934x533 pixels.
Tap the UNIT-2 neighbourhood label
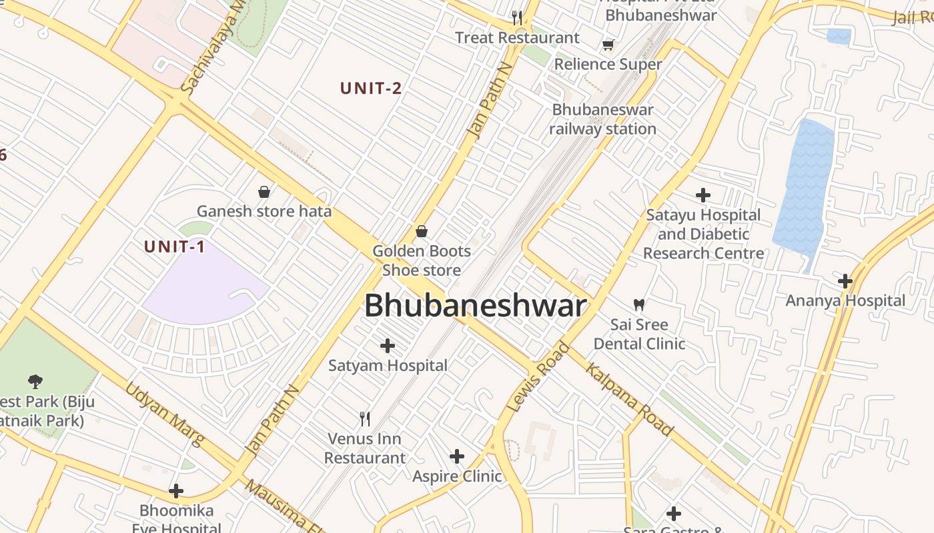click(x=371, y=89)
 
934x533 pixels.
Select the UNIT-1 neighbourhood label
click(x=175, y=247)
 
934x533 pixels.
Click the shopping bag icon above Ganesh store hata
click(x=264, y=192)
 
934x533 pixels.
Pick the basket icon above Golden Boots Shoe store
click(x=422, y=231)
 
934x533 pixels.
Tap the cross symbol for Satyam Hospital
click(x=388, y=346)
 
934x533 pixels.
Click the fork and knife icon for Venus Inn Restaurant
click(x=365, y=418)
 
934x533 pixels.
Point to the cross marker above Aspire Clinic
click(x=457, y=456)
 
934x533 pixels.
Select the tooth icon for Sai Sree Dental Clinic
click(x=639, y=305)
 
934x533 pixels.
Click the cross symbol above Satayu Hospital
click(x=703, y=195)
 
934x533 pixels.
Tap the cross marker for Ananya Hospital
click(x=845, y=280)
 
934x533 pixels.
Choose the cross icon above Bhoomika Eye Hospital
click(x=176, y=491)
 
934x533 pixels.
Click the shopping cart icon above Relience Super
click(x=608, y=45)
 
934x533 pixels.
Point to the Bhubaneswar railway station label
click(x=603, y=119)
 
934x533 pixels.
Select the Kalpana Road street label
click(x=629, y=399)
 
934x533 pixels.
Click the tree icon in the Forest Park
click(x=35, y=381)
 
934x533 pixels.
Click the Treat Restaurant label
click(x=518, y=38)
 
